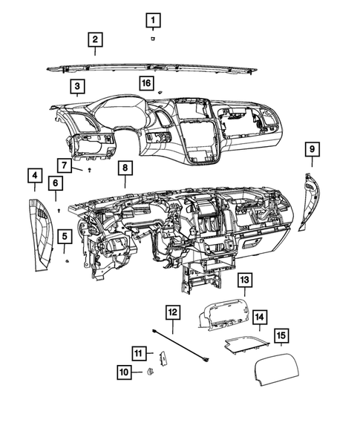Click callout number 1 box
pyautogui.click(x=152, y=19)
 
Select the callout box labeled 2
pyautogui.click(x=94, y=39)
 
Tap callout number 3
pyautogui.click(x=78, y=87)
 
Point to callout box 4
pyautogui.click(x=34, y=176)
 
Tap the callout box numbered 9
pyautogui.click(x=312, y=149)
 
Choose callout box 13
pyautogui.click(x=244, y=280)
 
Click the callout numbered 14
pyautogui.click(x=260, y=318)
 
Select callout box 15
pyautogui.click(x=281, y=336)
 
